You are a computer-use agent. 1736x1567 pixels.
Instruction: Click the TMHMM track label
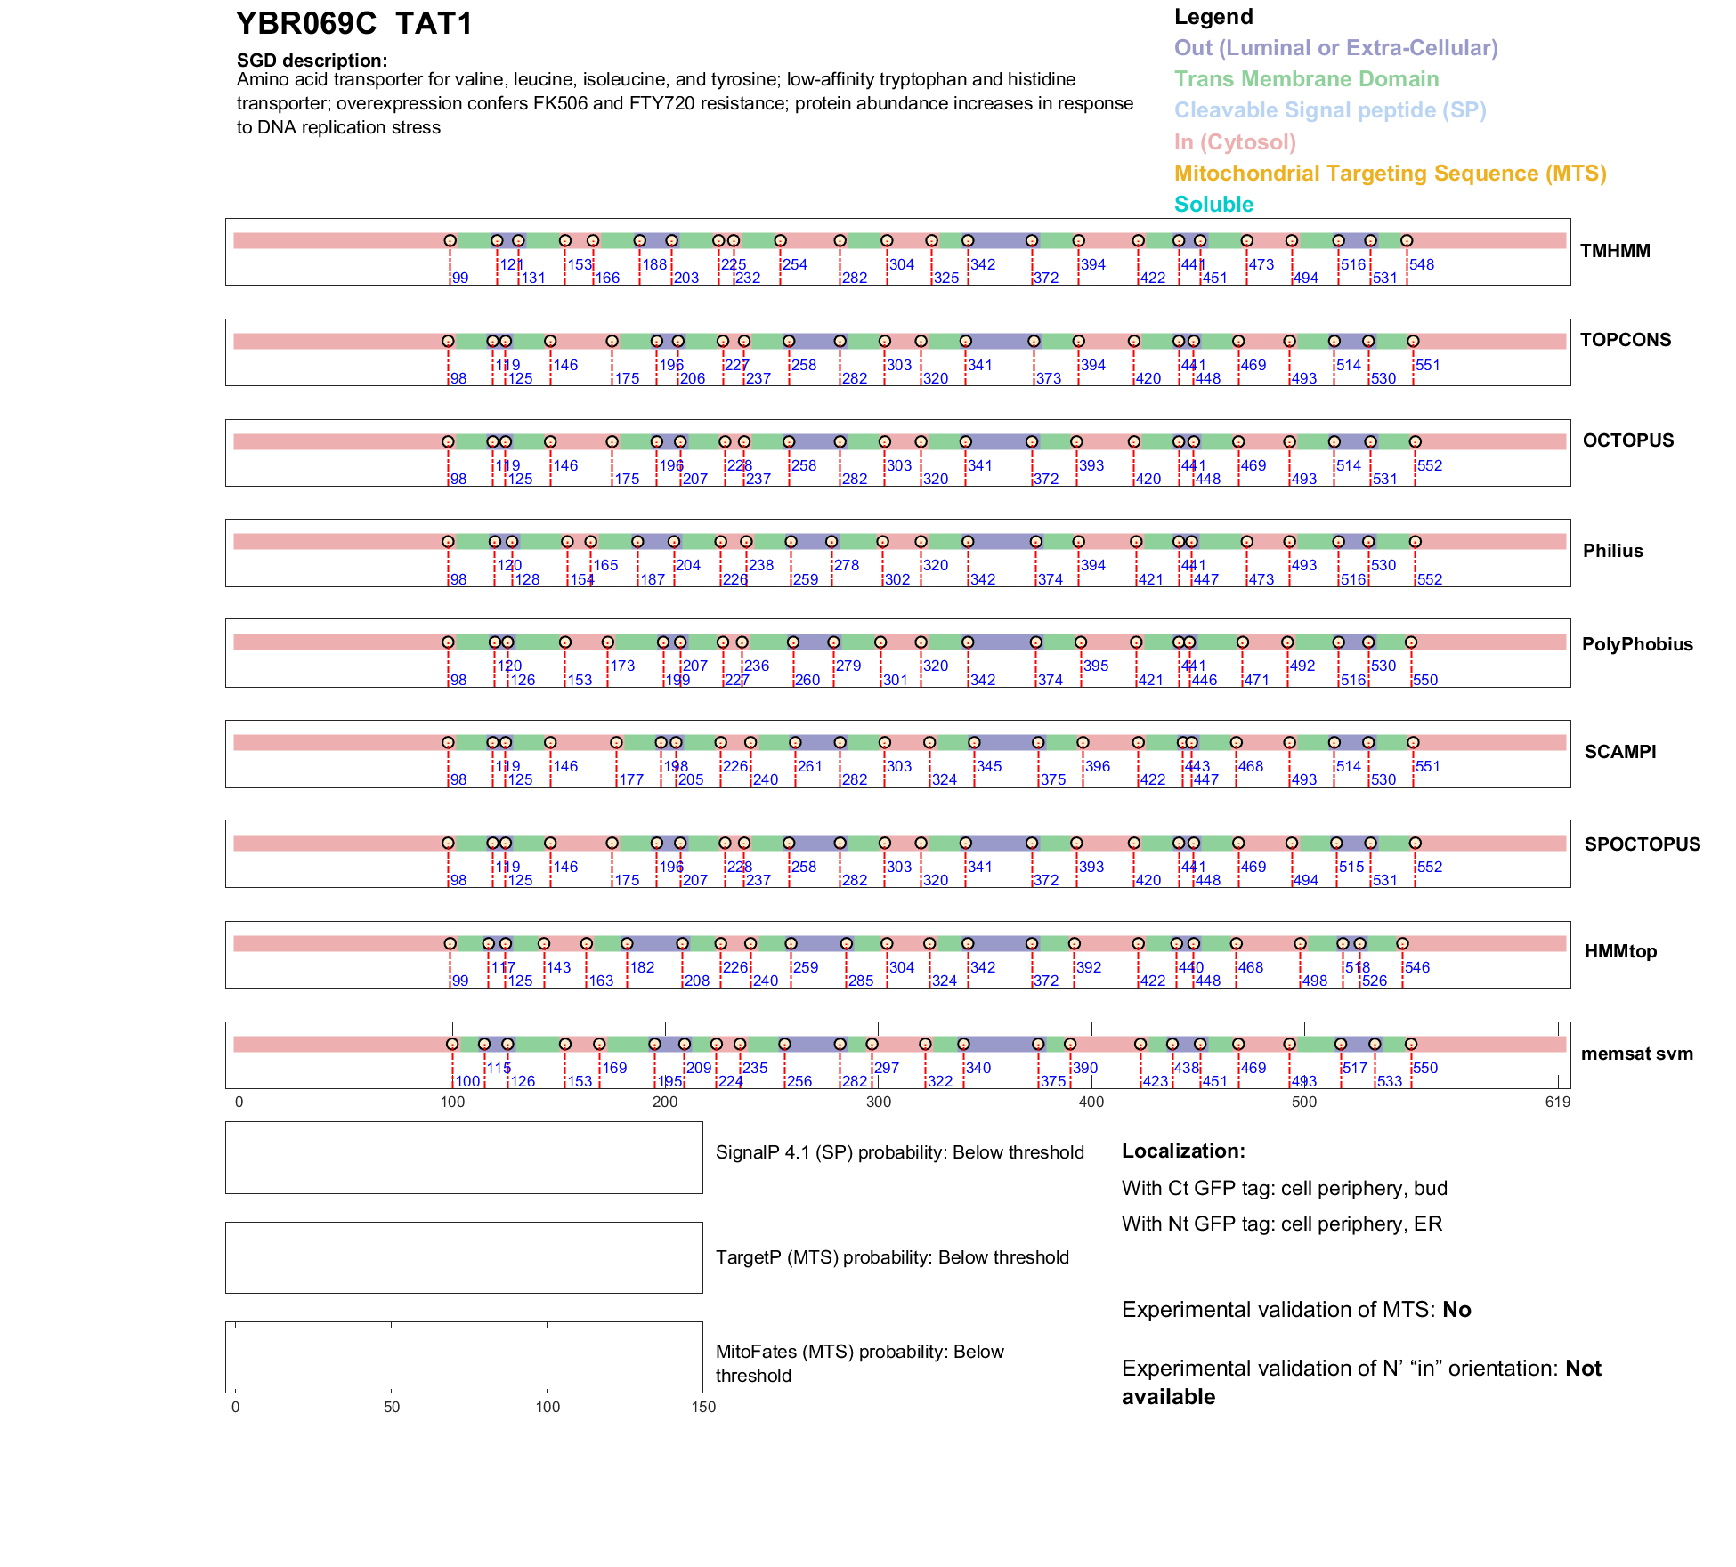pyautogui.click(x=1615, y=251)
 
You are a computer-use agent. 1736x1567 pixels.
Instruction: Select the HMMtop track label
pyautogui.click(x=1620, y=951)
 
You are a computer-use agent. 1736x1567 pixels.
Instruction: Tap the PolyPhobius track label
pyautogui.click(x=1637, y=644)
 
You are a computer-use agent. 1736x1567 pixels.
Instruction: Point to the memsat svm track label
pyautogui.click(x=1636, y=1054)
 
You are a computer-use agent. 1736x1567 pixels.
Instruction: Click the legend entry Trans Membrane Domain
pyautogui.click(x=1306, y=79)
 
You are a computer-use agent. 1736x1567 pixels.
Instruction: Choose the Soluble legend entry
pyautogui.click(x=1213, y=204)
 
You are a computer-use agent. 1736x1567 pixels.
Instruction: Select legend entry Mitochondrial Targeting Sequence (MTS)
pyautogui.click(x=1390, y=173)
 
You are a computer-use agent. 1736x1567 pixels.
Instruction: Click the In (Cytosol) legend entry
pyautogui.click(x=1235, y=141)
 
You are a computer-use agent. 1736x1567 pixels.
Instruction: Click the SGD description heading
pyautogui.click(x=312, y=61)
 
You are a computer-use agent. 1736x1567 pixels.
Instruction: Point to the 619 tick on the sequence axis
pyautogui.click(x=1557, y=1102)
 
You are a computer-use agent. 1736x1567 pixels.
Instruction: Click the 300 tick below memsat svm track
pyautogui.click(x=879, y=1102)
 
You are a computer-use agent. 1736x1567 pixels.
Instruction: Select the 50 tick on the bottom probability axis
pyautogui.click(x=392, y=1407)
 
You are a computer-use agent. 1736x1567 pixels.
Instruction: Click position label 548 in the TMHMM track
pyautogui.click(x=1422, y=264)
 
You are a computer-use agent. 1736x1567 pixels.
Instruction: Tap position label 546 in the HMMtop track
pyautogui.click(x=1417, y=967)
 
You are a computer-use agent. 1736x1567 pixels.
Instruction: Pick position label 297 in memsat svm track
pyautogui.click(x=887, y=1068)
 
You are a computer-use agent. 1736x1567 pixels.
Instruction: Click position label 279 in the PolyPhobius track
pyautogui.click(x=848, y=666)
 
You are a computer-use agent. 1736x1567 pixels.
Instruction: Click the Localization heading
pyautogui.click(x=1183, y=1151)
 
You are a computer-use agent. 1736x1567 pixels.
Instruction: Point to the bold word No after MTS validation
pyautogui.click(x=1456, y=1309)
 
